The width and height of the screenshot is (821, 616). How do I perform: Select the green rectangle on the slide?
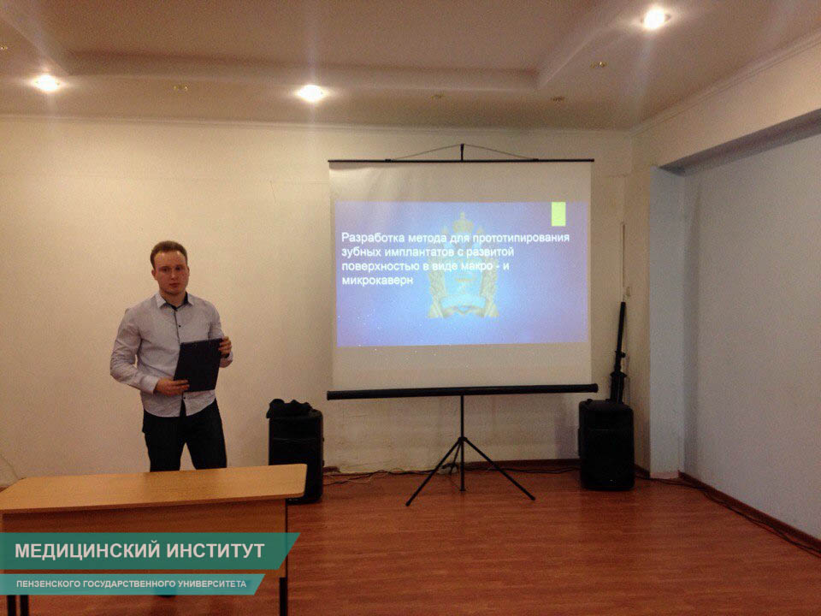pyautogui.click(x=558, y=214)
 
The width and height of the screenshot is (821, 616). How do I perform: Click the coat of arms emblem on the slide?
pyautogui.click(x=463, y=265)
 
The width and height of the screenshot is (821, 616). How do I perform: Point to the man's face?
pyautogui.click(x=170, y=275)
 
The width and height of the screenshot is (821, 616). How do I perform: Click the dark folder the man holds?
pyautogui.click(x=198, y=364)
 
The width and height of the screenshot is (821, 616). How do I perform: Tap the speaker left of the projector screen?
pyautogui.click(x=296, y=451)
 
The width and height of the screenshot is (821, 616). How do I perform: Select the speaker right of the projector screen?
pyautogui.click(x=606, y=445)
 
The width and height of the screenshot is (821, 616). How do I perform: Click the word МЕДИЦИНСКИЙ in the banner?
pyautogui.click(x=87, y=550)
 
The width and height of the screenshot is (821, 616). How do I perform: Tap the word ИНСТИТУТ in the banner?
pyautogui.click(x=216, y=550)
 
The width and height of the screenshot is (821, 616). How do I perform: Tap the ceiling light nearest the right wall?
pyautogui.click(x=654, y=20)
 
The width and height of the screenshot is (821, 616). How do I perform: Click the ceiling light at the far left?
pyautogui.click(x=47, y=83)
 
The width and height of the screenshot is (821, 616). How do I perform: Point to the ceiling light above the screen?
pyautogui.click(x=311, y=93)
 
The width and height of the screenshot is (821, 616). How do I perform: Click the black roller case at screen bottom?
pyautogui.click(x=463, y=392)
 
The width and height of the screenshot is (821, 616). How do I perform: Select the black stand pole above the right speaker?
pyautogui.click(x=619, y=352)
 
